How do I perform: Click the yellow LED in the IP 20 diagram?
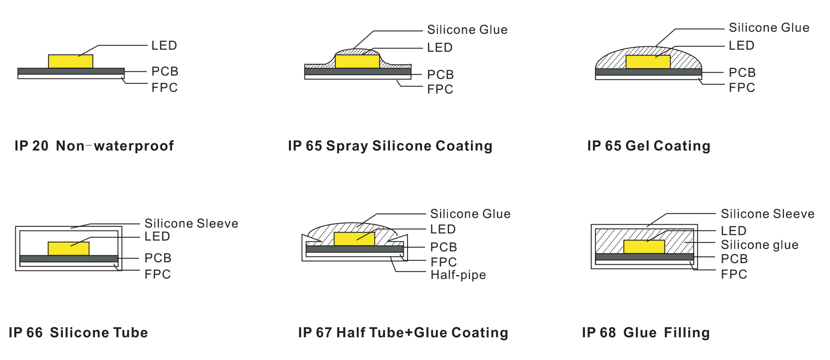coord(71,61)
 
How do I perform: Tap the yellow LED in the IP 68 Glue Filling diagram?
coord(644,247)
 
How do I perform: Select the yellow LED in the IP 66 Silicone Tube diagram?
coord(68,249)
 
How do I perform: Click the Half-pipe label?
coord(458,275)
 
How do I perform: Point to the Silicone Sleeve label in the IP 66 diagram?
coord(191,223)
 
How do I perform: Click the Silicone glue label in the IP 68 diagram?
coord(759,245)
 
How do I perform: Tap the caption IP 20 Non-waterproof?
coord(94,146)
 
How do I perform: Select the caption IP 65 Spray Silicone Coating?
coord(390,146)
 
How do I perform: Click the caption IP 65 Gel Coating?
coord(648,146)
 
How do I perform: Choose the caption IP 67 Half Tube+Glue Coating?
coord(403,332)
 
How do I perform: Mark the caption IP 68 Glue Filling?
coord(646,332)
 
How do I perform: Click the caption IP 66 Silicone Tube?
coord(78,332)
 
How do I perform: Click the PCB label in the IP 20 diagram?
coord(164,71)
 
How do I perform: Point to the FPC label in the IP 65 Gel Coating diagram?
coord(741,88)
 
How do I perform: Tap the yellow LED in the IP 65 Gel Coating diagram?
coord(648,62)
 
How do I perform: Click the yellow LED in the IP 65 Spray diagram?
coord(357,61)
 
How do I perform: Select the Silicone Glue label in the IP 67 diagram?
coord(470,214)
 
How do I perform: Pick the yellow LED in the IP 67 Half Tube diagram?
coord(354,239)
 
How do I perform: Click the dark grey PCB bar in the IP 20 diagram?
coord(71,71)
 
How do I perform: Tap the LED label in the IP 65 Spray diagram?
coord(440,48)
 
